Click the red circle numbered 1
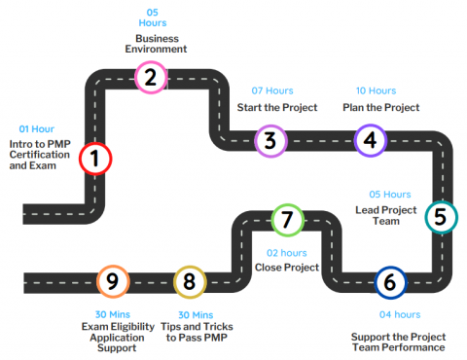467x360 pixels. (94, 158)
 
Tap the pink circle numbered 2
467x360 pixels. (150, 77)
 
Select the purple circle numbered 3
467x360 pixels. (270, 141)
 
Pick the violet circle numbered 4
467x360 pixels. (369, 140)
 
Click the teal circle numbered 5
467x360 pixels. (440, 217)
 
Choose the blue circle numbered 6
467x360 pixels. (390, 282)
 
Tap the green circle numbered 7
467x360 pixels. (285, 220)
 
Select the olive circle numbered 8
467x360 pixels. (190, 282)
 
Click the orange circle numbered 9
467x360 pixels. (113, 282)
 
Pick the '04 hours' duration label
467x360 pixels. (399, 314)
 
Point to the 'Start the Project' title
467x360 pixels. (277, 107)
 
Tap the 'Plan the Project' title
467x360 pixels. (380, 107)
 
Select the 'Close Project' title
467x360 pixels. (287, 267)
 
